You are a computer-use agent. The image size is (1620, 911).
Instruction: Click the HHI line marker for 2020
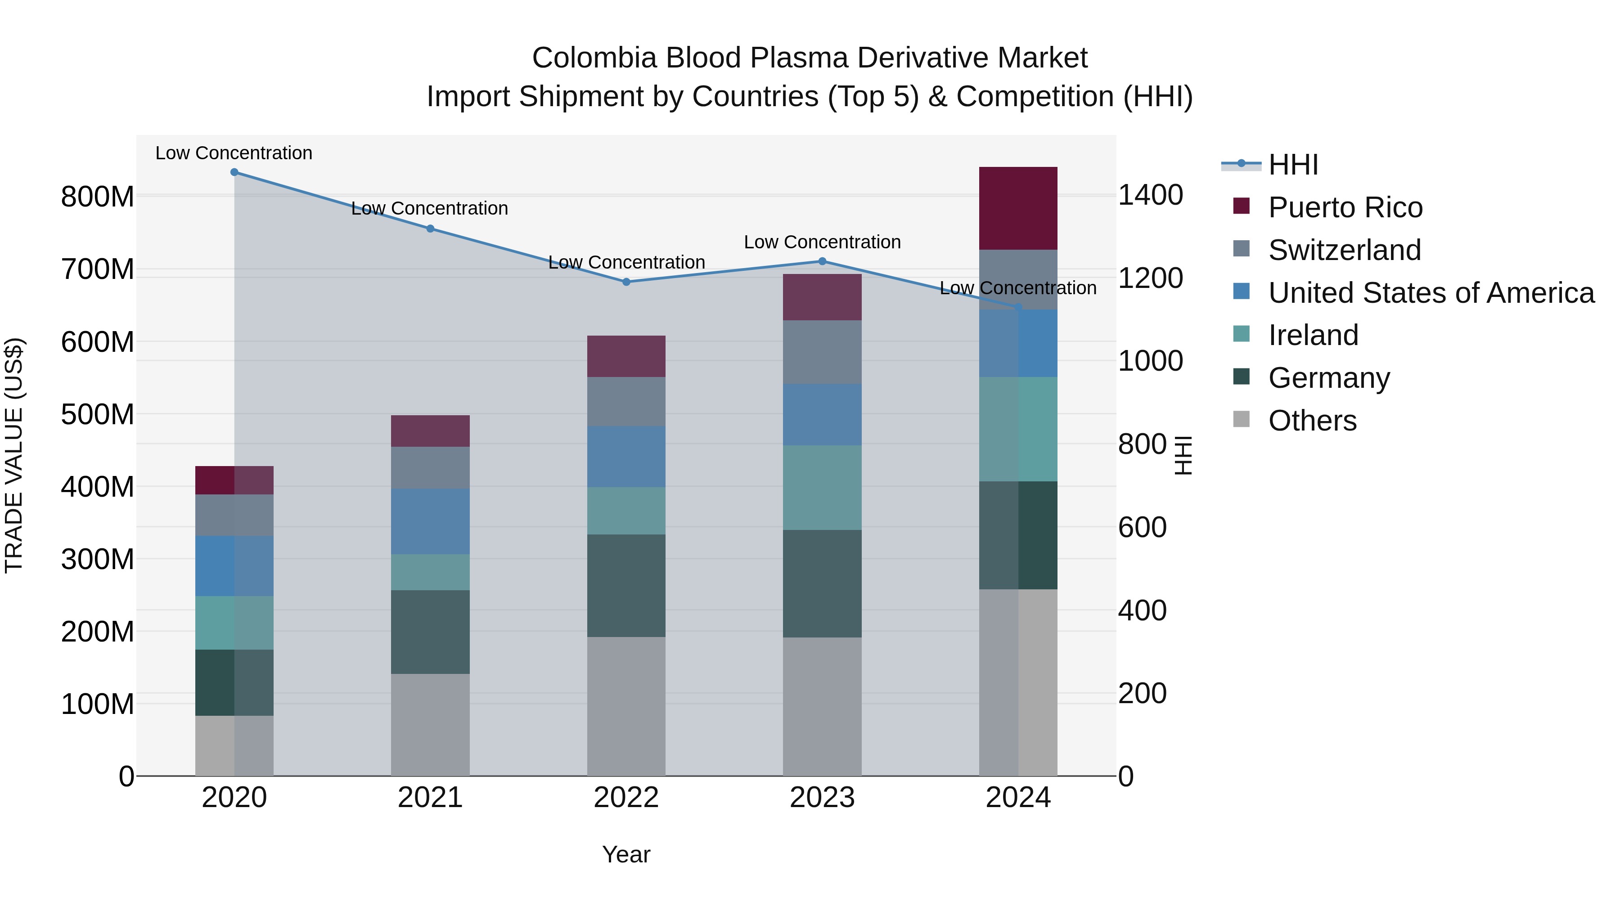click(234, 172)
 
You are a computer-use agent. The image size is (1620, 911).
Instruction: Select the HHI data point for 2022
click(626, 282)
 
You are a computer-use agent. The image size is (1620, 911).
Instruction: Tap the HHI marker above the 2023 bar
click(822, 261)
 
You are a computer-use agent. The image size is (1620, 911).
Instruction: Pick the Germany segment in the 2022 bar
click(626, 585)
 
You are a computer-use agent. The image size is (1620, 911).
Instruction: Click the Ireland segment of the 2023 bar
click(822, 487)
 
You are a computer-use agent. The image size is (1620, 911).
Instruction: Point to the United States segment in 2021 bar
click(430, 521)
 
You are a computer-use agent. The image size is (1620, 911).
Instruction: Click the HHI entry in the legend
click(1293, 165)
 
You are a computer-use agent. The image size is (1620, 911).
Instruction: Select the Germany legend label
click(1329, 378)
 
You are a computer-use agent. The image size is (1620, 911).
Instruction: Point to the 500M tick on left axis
click(98, 414)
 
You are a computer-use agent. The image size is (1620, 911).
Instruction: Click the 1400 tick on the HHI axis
click(1150, 195)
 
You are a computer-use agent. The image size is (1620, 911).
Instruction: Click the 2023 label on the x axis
click(822, 798)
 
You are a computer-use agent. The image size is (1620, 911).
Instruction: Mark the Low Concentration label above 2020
click(234, 153)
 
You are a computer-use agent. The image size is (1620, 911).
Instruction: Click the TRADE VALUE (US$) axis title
click(14, 455)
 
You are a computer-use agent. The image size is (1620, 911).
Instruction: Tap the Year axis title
click(626, 854)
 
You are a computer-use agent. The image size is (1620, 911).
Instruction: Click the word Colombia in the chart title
click(594, 58)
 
